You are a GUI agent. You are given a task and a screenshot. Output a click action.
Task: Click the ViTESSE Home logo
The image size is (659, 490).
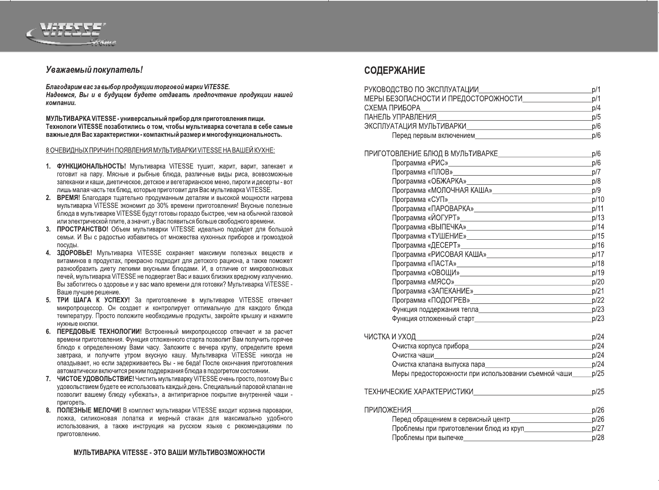click(x=71, y=35)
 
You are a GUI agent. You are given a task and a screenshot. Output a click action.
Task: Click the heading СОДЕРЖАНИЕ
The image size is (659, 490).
click(x=394, y=71)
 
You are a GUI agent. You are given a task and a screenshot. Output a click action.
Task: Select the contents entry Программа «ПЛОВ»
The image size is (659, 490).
click(x=422, y=172)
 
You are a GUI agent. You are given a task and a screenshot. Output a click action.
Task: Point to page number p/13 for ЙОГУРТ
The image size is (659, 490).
click(x=598, y=218)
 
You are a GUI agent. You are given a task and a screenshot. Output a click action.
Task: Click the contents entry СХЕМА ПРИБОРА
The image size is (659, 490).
click(x=392, y=108)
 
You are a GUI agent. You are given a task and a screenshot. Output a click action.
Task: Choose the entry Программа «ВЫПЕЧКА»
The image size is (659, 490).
click(x=429, y=227)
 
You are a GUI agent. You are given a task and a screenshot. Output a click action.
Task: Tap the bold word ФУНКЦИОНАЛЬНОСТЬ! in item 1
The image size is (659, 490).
click(x=92, y=166)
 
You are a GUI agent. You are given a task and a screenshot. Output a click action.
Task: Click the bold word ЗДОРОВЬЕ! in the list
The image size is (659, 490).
click(x=75, y=253)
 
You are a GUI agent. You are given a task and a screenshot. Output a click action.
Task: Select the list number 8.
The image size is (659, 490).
click(x=48, y=411)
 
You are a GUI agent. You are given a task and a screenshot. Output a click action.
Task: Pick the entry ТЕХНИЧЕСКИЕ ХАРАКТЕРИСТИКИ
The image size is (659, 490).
click(x=419, y=392)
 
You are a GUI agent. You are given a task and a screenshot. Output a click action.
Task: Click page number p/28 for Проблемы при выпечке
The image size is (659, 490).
click(x=598, y=438)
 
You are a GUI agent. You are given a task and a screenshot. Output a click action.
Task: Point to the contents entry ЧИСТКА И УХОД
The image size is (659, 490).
click(x=390, y=337)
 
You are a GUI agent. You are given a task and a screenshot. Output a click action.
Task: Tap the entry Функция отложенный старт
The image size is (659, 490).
click(x=433, y=319)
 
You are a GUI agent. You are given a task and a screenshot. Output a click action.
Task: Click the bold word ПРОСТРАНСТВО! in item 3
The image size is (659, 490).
click(x=82, y=229)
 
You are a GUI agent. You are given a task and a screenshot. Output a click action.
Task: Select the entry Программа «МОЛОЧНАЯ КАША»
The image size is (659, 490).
click(x=442, y=191)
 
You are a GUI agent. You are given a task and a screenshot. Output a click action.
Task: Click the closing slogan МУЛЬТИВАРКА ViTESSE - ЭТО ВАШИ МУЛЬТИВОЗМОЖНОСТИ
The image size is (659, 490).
click(x=169, y=453)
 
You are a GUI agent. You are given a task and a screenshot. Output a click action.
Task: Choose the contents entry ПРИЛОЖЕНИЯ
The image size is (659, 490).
click(x=388, y=410)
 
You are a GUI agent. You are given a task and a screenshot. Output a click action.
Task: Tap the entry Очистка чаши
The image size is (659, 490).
click(x=413, y=355)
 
